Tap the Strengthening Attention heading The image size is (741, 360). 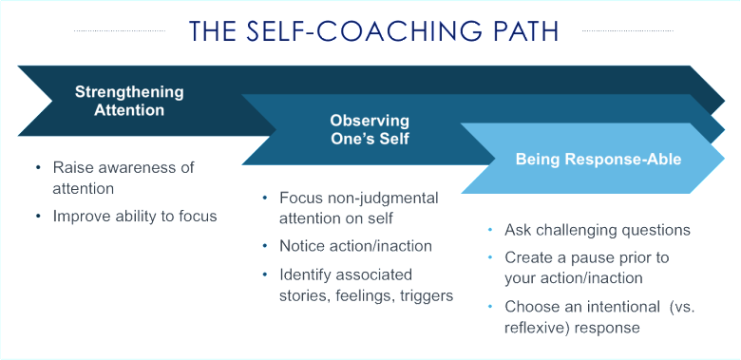point(129,101)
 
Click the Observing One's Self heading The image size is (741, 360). point(370,129)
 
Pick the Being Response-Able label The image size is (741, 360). point(598,159)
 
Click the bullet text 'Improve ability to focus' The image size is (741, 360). point(135,216)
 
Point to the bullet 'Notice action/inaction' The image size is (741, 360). point(356,246)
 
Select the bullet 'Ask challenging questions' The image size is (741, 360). point(598,230)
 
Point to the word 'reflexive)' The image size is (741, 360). point(538,329)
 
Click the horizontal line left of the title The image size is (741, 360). point(120,31)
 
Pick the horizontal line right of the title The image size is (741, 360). point(627,31)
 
